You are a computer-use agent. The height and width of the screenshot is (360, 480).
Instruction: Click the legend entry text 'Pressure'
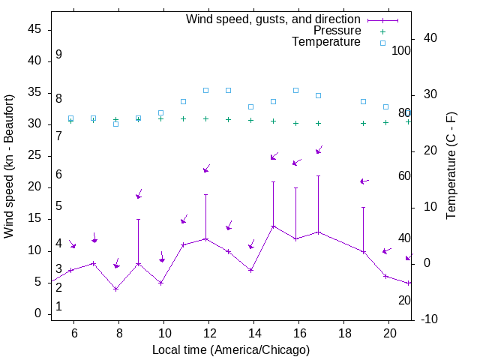coord(337,31)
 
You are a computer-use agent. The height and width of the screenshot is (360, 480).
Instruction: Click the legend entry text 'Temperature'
coord(326,42)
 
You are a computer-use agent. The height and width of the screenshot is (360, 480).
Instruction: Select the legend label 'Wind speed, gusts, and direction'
coord(274,19)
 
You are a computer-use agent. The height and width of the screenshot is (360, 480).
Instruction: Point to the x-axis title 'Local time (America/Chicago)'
coord(231,350)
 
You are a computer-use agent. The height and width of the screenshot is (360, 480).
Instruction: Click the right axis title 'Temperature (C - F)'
coord(451,166)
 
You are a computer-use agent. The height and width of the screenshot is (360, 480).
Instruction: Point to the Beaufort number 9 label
coord(58,55)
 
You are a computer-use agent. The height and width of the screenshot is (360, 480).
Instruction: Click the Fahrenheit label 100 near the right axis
coord(401,50)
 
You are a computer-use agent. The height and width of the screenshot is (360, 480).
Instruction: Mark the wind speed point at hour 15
coord(273,226)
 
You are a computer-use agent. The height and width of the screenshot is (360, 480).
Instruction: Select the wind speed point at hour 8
coord(115,289)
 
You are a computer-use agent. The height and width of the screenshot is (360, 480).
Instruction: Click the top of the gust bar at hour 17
coord(318,175)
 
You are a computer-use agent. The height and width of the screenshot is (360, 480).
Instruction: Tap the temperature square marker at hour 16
coord(295,90)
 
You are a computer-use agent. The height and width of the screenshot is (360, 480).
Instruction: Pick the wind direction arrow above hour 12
coord(207,169)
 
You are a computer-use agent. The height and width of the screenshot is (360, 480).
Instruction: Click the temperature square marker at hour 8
coord(115,124)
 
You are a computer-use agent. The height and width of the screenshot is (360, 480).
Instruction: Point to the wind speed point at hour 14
coord(250,270)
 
